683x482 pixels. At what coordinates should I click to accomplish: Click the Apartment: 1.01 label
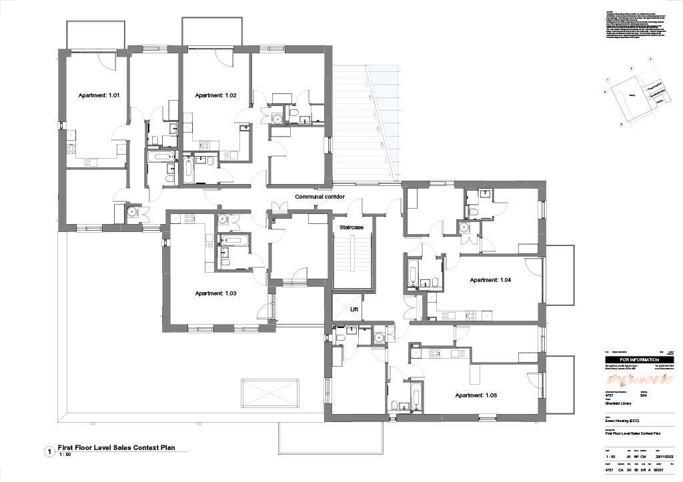(99, 96)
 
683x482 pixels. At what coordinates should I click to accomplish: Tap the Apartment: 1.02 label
(215, 96)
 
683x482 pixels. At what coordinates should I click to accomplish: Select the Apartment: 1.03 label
(215, 293)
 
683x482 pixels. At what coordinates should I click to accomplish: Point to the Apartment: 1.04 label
(490, 280)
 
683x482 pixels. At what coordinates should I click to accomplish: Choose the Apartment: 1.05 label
(476, 395)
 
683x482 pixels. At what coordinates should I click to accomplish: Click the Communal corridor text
(324, 197)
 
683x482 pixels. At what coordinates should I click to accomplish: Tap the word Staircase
(352, 228)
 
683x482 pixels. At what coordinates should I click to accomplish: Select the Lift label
(354, 310)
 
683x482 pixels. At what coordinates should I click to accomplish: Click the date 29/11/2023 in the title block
(667, 457)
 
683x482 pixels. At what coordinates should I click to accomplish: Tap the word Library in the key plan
(632, 95)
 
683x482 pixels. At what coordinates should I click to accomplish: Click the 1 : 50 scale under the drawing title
(65, 455)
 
